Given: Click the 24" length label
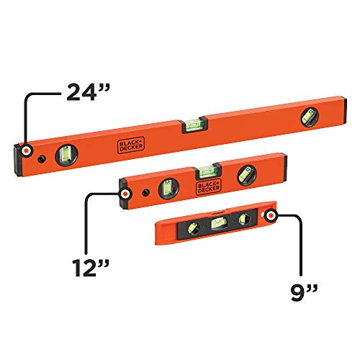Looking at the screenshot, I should point(88,92).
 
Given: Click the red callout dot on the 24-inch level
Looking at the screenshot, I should point(27,151).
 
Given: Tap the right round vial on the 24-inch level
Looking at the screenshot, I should point(310,115).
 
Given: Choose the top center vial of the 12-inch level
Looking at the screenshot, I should point(205,171).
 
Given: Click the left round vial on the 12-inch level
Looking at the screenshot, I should point(166,188).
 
